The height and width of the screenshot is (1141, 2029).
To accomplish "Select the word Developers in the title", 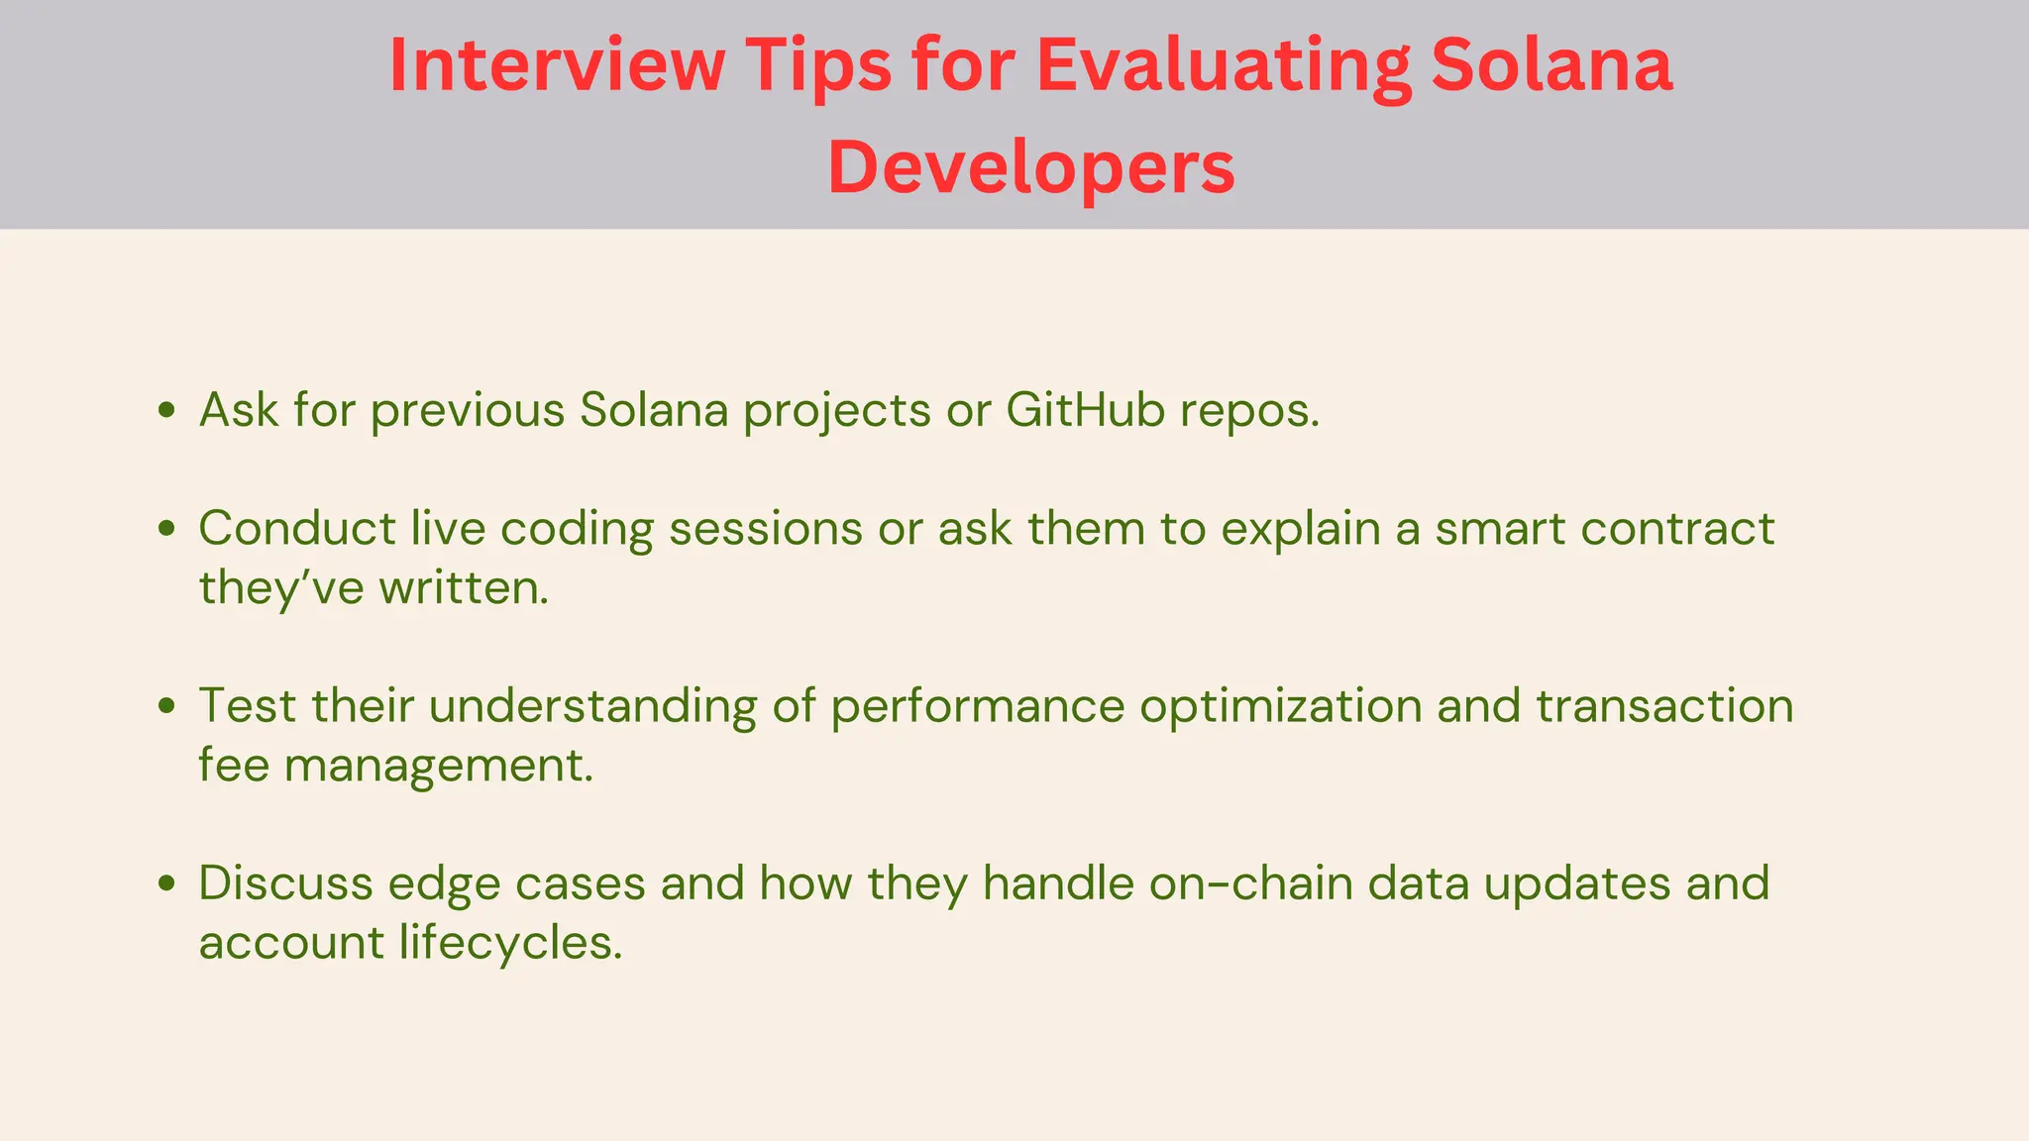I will (1031, 167).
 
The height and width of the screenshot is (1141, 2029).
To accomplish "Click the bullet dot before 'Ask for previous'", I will (166, 410).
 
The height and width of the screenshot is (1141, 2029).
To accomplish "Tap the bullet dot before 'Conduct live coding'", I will (166, 528).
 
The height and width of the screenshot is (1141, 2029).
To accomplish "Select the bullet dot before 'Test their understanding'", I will (166, 705).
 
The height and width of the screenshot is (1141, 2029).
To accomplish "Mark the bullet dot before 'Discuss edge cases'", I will (166, 882).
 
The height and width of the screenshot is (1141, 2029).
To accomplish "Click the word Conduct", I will (297, 528).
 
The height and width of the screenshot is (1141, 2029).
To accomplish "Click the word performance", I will (977, 705).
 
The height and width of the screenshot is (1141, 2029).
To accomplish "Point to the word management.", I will (438, 765).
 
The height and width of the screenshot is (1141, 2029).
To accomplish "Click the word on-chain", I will (1250, 882).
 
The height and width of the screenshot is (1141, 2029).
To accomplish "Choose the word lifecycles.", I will (511, 942).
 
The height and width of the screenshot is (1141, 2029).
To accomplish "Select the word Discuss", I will (285, 882).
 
